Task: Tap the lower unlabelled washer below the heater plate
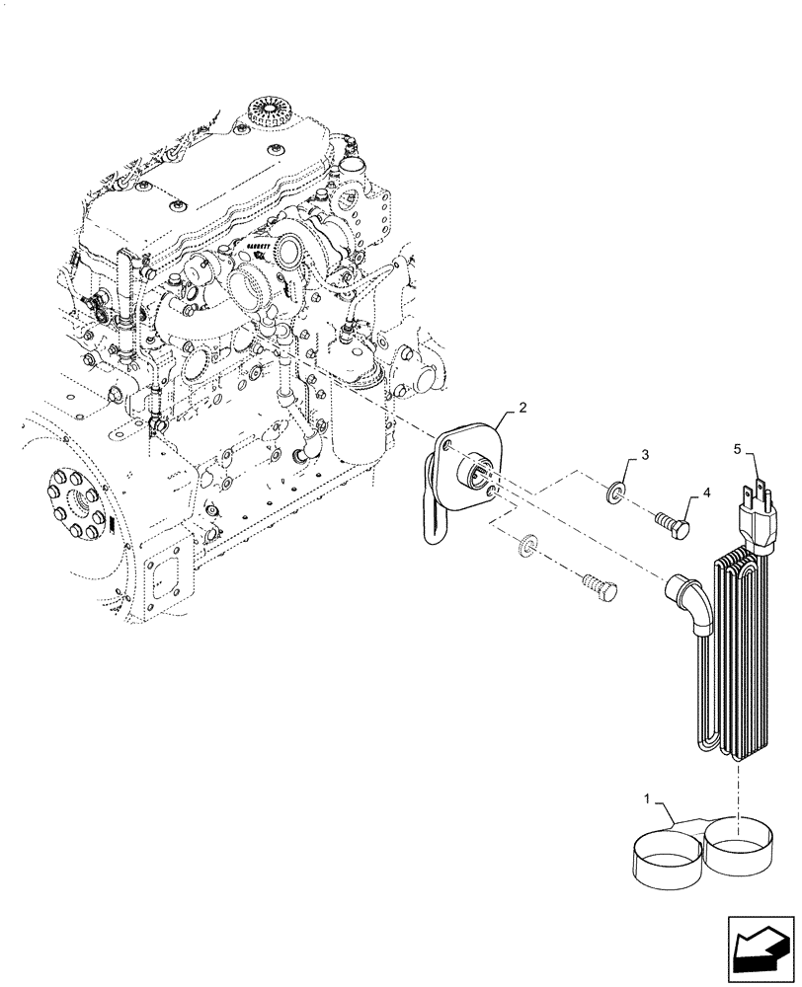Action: point(529,544)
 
